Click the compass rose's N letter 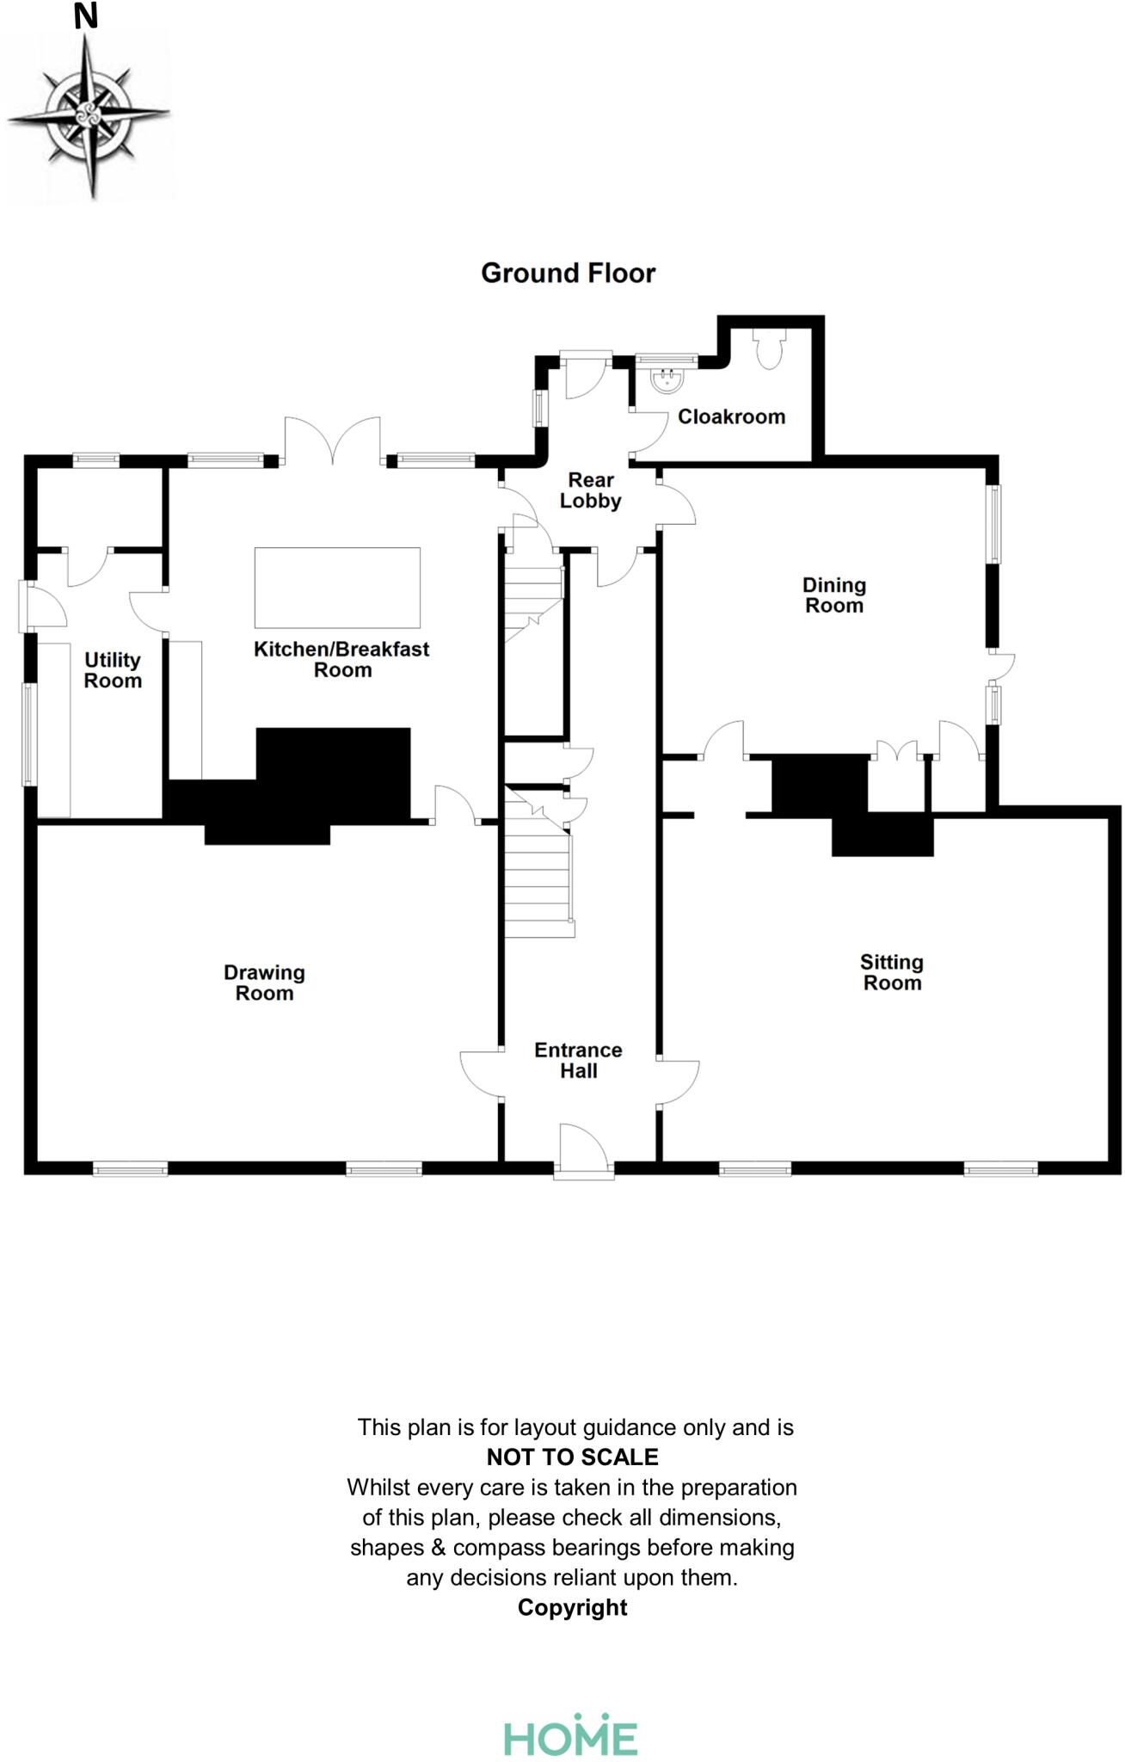click(x=85, y=16)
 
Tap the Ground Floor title click(x=568, y=273)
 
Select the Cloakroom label click(x=731, y=416)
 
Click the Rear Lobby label click(x=591, y=490)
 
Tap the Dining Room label click(x=833, y=595)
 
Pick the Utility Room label click(x=113, y=670)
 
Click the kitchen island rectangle click(x=337, y=588)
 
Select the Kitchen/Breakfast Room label click(x=341, y=659)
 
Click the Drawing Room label click(x=264, y=983)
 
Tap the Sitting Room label click(x=892, y=972)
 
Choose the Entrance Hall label click(x=578, y=1060)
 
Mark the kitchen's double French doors click(x=333, y=440)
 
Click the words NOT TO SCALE click(x=572, y=1457)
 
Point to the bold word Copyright click(x=572, y=1607)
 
